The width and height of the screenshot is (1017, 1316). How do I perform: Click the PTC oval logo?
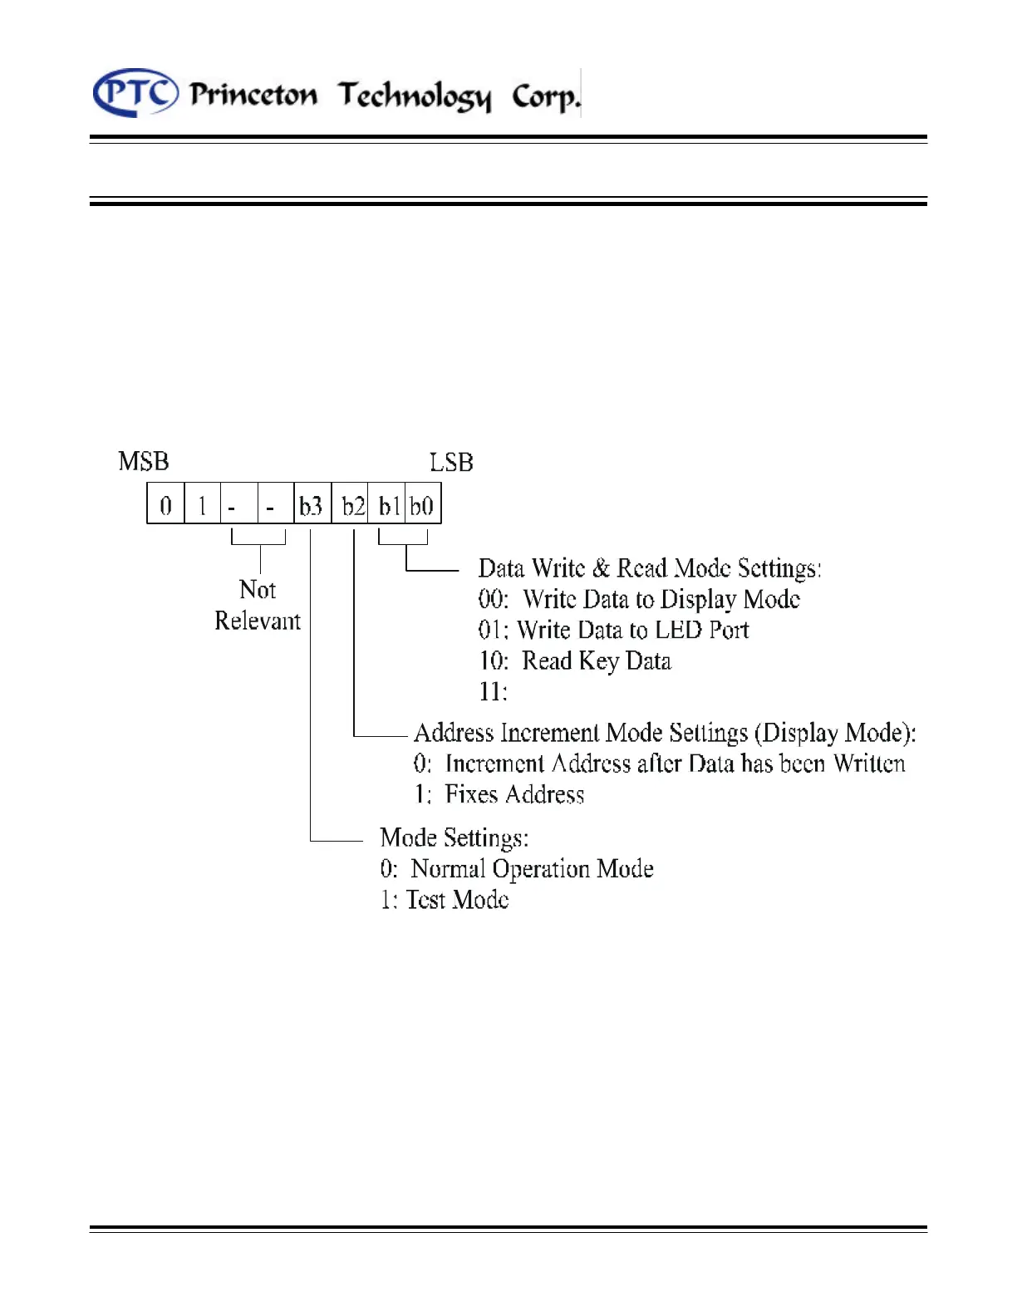click(x=135, y=93)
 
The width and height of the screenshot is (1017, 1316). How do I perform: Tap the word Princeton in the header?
click(x=253, y=95)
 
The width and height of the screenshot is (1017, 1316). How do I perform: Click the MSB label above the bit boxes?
click(x=144, y=462)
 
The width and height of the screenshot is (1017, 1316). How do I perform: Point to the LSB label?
click(x=451, y=463)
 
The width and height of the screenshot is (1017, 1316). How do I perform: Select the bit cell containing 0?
click(x=166, y=505)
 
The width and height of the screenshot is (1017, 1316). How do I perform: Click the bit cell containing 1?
click(x=202, y=505)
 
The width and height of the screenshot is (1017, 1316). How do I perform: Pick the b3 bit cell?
click(x=312, y=505)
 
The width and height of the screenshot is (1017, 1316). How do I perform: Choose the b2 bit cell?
click(x=353, y=505)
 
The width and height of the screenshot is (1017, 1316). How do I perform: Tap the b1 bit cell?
click(x=388, y=505)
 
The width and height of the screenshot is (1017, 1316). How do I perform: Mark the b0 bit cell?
click(x=422, y=505)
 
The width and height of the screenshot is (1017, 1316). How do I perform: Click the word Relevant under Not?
click(x=258, y=621)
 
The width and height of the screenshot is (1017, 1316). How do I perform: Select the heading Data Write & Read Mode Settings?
click(x=650, y=569)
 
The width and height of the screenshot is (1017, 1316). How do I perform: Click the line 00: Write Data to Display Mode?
click(x=639, y=600)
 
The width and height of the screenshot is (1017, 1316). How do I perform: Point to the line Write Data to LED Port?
click(x=613, y=631)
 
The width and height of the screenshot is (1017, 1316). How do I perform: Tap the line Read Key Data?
click(x=575, y=661)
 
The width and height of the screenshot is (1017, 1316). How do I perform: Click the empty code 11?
click(x=493, y=691)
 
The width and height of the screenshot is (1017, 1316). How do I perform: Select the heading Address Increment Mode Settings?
click(x=665, y=733)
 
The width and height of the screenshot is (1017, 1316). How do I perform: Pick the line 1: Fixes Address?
click(x=499, y=795)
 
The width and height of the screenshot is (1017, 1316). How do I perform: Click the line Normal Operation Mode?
click(x=517, y=869)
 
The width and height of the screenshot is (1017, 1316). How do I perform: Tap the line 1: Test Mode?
click(x=445, y=900)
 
